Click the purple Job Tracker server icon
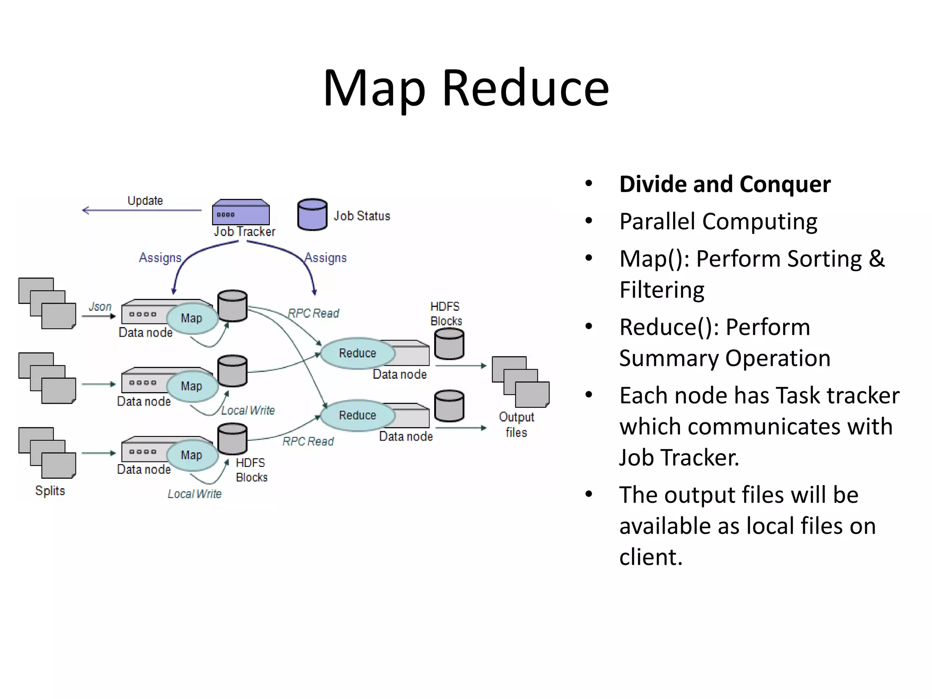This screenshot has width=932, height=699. click(241, 213)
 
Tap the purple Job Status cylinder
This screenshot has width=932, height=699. click(312, 214)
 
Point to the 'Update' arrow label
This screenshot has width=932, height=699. click(145, 201)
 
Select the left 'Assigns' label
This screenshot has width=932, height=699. click(160, 258)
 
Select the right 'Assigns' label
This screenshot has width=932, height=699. click(325, 258)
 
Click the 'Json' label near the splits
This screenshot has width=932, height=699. click(100, 307)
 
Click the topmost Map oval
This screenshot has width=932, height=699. click(192, 318)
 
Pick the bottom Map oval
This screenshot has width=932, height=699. click(192, 455)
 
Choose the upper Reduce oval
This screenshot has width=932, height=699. click(357, 353)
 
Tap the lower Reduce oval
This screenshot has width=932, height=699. click(357, 415)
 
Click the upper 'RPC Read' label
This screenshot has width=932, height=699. click(314, 313)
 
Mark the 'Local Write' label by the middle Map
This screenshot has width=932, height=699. click(248, 410)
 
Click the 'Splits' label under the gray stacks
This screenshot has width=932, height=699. click(50, 491)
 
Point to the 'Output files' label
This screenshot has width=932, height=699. click(516, 424)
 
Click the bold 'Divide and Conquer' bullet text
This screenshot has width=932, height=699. click(724, 184)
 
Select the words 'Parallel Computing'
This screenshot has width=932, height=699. click(718, 222)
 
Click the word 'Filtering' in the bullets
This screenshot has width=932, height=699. click(662, 290)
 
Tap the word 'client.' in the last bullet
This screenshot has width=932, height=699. click(651, 557)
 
